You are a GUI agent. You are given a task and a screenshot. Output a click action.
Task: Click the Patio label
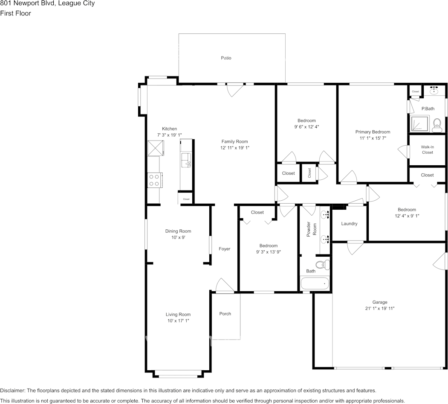tap(226, 58)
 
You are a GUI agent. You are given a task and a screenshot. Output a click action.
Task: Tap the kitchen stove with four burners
tap(154, 180)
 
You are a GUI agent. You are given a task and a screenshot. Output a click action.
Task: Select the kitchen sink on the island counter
tap(186, 159)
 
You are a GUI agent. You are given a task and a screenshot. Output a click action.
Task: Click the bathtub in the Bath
tap(315, 283)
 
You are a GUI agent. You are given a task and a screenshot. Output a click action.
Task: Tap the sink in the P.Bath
tap(434, 91)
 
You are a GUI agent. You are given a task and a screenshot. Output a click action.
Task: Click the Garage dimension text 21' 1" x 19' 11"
tap(379, 308)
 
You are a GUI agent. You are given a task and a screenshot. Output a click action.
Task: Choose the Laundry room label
tap(349, 224)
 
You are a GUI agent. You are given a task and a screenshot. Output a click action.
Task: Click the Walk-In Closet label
tap(427, 149)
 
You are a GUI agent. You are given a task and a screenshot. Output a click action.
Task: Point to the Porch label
tap(225, 314)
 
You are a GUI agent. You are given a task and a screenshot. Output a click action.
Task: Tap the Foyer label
tap(224, 249)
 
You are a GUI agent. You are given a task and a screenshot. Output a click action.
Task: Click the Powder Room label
tap(312, 230)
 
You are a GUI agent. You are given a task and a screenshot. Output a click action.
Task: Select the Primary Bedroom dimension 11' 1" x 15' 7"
tap(373, 138)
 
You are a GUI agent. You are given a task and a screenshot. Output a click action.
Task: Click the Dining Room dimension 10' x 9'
tap(178, 237)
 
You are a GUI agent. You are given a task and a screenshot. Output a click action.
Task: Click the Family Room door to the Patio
tap(235, 89)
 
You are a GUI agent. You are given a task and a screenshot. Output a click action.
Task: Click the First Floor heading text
tap(16, 13)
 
